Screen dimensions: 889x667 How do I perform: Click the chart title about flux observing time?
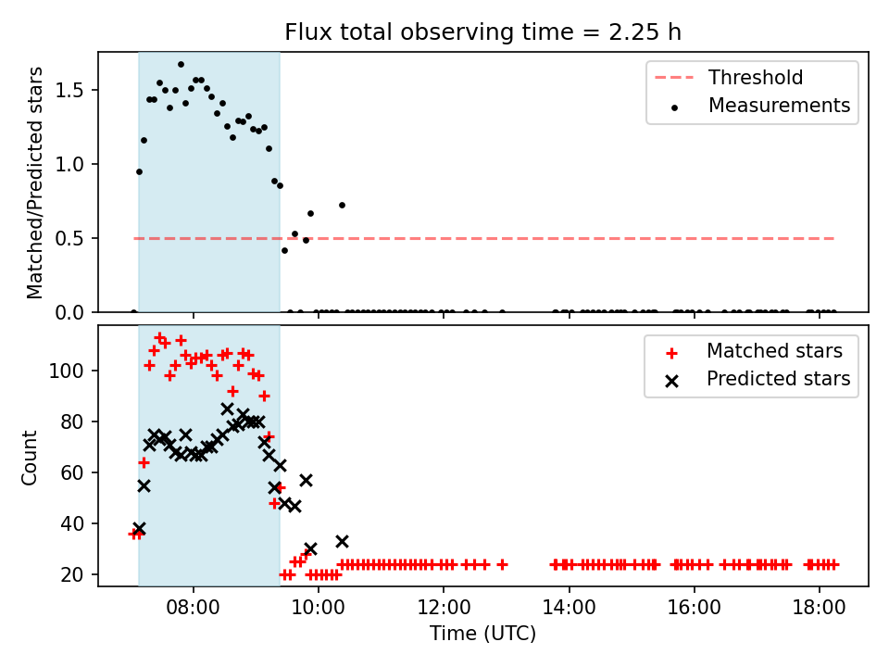click(x=482, y=32)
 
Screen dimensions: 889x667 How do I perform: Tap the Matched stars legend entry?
click(x=754, y=351)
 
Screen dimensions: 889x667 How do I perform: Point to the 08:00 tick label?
click(x=193, y=608)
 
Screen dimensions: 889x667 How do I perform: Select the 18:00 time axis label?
click(x=819, y=608)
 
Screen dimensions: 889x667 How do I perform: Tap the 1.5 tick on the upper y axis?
click(x=69, y=90)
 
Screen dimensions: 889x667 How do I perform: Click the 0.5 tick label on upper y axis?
click(x=69, y=238)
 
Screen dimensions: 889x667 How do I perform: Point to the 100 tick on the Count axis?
click(x=67, y=371)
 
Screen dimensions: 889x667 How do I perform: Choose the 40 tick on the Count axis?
click(x=72, y=523)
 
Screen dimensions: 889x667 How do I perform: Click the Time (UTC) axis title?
click(x=482, y=634)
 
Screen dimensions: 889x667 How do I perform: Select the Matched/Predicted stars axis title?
click(x=34, y=182)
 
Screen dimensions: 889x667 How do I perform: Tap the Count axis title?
click(x=29, y=457)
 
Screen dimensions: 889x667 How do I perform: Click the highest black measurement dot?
click(x=181, y=65)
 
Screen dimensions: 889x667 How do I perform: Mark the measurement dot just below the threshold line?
click(x=284, y=251)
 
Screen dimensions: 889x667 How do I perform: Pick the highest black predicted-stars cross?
click(x=227, y=409)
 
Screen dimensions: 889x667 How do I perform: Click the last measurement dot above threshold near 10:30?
click(x=342, y=206)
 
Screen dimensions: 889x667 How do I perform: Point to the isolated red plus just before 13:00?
click(x=502, y=564)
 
